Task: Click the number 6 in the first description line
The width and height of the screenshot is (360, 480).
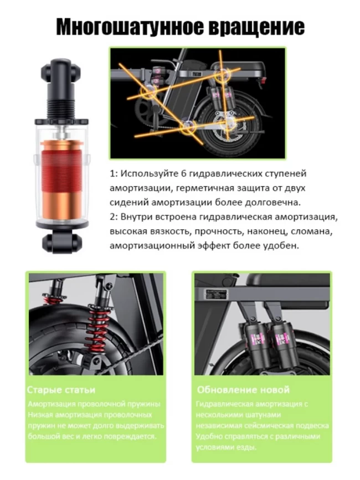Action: [x=184, y=174]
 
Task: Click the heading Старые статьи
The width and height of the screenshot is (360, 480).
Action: [x=61, y=390]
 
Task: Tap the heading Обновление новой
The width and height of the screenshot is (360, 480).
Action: [x=243, y=390]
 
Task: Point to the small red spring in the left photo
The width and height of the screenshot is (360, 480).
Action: [x=50, y=299]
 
